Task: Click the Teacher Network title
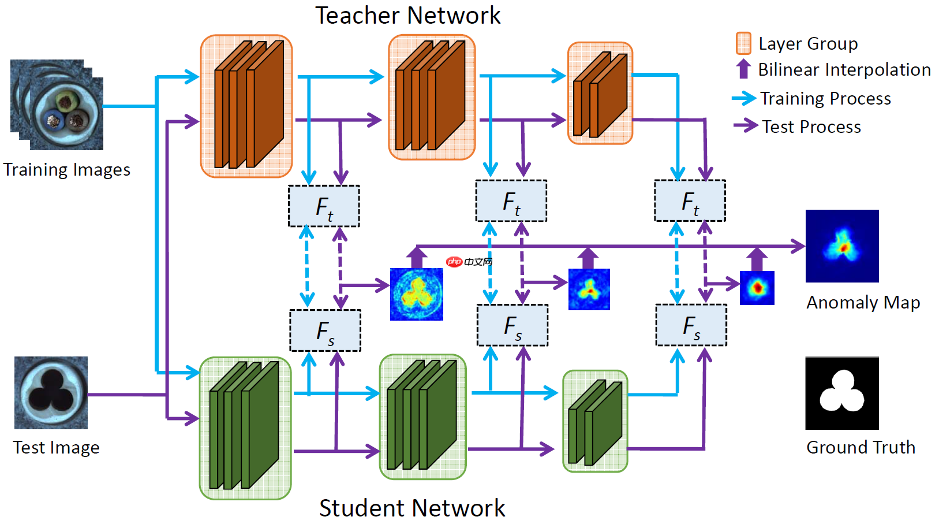click(407, 16)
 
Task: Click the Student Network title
click(412, 508)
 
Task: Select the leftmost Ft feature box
click(324, 206)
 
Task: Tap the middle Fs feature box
click(512, 326)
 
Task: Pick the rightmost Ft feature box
click(690, 201)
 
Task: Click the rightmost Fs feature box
click(691, 326)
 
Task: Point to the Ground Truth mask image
click(842, 393)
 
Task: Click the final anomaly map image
click(842, 246)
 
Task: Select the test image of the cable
click(51, 393)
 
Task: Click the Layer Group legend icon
click(743, 43)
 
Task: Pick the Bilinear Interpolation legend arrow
click(743, 69)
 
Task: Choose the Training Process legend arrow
click(744, 98)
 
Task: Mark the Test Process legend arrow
click(746, 125)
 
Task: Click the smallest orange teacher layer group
click(600, 93)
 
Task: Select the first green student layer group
click(245, 428)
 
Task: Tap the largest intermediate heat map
click(416, 294)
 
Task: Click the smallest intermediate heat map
click(757, 288)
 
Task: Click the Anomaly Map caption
click(863, 302)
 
